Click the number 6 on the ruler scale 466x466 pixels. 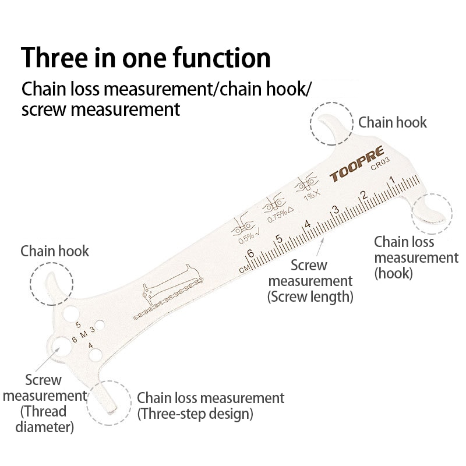[x=250, y=254]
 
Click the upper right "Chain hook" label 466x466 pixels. [x=392, y=122]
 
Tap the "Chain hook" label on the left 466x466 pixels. [x=55, y=251]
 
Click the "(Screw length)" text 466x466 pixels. [x=310, y=296]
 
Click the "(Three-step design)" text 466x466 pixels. [x=195, y=415]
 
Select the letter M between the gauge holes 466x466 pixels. [x=83, y=334]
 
